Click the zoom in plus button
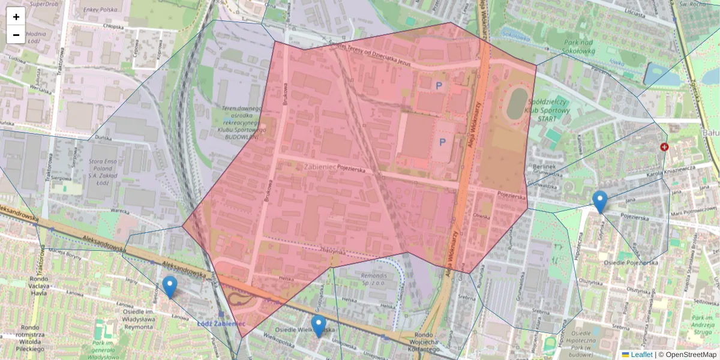[16, 17]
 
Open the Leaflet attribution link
[641, 355]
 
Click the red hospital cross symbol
[664, 147]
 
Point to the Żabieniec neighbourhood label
[320, 167]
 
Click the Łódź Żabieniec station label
[221, 323]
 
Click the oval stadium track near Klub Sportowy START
[516, 103]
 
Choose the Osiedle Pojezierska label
[633, 262]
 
